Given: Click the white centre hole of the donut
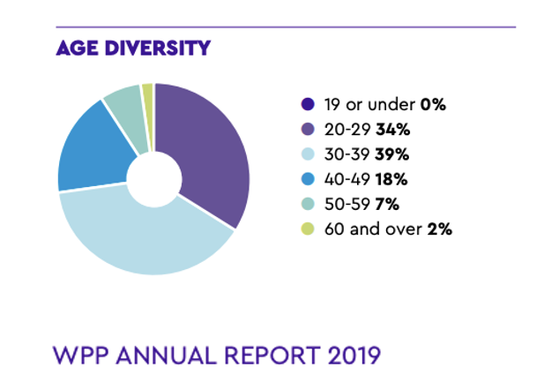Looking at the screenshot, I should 154,176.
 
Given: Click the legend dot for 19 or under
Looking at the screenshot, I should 306,105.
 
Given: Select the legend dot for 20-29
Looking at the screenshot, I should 306,130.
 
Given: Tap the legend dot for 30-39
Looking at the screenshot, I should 306,154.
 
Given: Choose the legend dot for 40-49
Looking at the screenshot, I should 306,179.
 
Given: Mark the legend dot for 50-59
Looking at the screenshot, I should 306,204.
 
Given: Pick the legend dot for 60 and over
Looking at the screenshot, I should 306,229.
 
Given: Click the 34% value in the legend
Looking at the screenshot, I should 394,130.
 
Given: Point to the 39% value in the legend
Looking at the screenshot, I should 395,154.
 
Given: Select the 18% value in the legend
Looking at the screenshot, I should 392,179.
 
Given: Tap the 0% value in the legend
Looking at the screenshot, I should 432,105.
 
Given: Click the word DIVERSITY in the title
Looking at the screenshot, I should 160,48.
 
